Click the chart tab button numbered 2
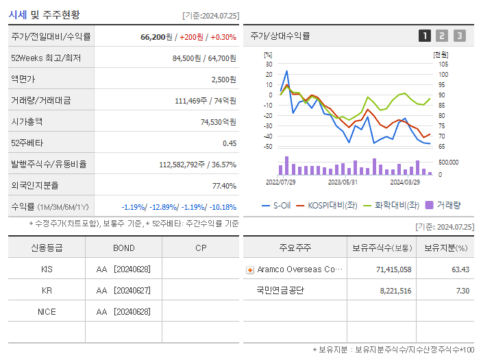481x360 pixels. [x=442, y=36]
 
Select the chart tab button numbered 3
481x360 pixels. [x=459, y=36]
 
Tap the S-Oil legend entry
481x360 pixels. [x=277, y=204]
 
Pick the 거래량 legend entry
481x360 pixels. [x=443, y=204]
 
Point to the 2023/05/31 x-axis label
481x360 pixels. [x=343, y=182]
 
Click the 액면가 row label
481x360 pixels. [x=27, y=80]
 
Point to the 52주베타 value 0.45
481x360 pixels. [x=229, y=143]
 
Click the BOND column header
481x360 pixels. [x=123, y=248]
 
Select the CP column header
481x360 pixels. [x=201, y=248]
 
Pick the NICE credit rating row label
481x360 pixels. [x=47, y=311]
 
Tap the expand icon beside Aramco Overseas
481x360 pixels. [x=249, y=269]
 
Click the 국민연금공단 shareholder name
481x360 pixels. [x=280, y=290]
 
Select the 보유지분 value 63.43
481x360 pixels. [x=460, y=269]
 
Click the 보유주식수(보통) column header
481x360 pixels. [x=381, y=248]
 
